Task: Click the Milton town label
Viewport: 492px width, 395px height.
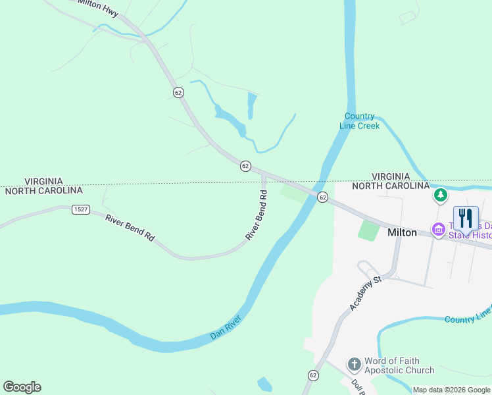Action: [x=402, y=232]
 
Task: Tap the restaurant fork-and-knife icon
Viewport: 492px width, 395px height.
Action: [x=466, y=218]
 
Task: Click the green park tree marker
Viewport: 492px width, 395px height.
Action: [x=440, y=195]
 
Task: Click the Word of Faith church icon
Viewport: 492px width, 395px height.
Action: [x=354, y=364]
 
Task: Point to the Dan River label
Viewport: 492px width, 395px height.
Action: [x=226, y=327]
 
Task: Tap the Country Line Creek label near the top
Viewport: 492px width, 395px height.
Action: [x=360, y=121]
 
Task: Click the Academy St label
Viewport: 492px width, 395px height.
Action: [x=366, y=293]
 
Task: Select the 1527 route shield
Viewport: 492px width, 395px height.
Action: [x=81, y=209]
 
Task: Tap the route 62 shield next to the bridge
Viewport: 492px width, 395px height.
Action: [x=322, y=197]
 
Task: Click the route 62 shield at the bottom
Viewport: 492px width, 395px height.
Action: [x=313, y=375]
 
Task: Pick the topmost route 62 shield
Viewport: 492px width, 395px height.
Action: [x=178, y=92]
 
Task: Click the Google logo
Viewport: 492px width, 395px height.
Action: [x=22, y=387]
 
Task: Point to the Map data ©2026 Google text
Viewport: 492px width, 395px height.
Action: [x=451, y=390]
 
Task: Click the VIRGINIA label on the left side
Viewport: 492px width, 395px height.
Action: [x=43, y=181]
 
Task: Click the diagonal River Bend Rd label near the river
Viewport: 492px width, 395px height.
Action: [x=257, y=215]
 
